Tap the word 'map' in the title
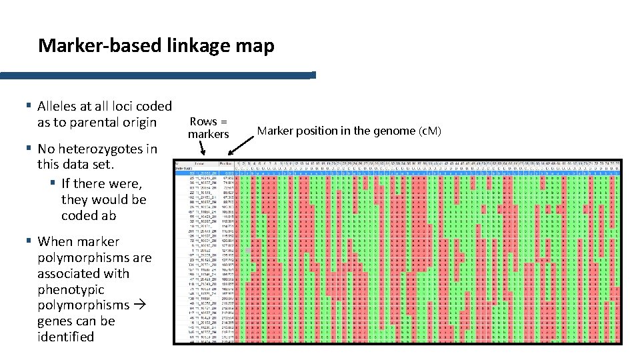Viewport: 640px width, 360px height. click(257, 46)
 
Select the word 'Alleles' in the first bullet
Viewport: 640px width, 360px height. click(61, 106)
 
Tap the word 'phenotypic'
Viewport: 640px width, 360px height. click(71, 289)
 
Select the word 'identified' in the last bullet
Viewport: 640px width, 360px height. click(66, 337)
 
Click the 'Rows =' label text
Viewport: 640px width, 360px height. click(209, 121)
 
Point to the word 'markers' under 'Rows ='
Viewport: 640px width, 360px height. click(209, 134)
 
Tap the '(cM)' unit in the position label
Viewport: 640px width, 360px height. click(428, 131)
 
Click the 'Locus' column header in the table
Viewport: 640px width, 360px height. click(200, 163)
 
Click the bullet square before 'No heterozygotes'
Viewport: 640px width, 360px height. click(29, 148)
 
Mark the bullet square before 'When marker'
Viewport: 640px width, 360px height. click(29, 241)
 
